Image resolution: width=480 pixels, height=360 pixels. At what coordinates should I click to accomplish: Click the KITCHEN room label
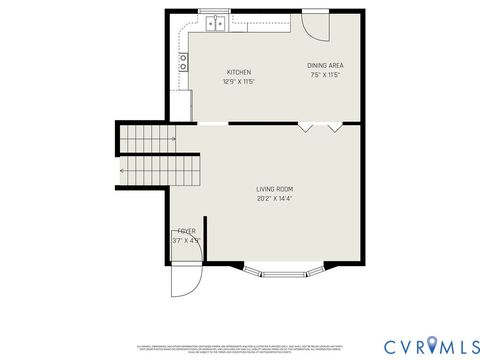point(238,72)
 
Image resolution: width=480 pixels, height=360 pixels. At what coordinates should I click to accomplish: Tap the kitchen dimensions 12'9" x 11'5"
point(238,81)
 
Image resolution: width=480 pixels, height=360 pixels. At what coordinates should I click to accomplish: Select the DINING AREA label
point(325,66)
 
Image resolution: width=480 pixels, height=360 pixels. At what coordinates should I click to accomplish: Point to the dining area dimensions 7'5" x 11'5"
point(325,75)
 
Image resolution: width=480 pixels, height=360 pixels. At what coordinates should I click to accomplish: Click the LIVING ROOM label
point(274,189)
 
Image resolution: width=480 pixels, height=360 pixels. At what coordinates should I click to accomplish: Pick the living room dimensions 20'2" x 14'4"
point(274,198)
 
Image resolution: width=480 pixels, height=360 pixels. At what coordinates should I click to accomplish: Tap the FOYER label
point(187,231)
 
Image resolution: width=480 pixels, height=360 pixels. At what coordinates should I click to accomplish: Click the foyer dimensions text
point(186,240)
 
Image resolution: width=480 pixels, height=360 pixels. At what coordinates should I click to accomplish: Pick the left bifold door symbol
point(305,127)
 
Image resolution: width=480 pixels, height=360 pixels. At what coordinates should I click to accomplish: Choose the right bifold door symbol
point(334,127)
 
